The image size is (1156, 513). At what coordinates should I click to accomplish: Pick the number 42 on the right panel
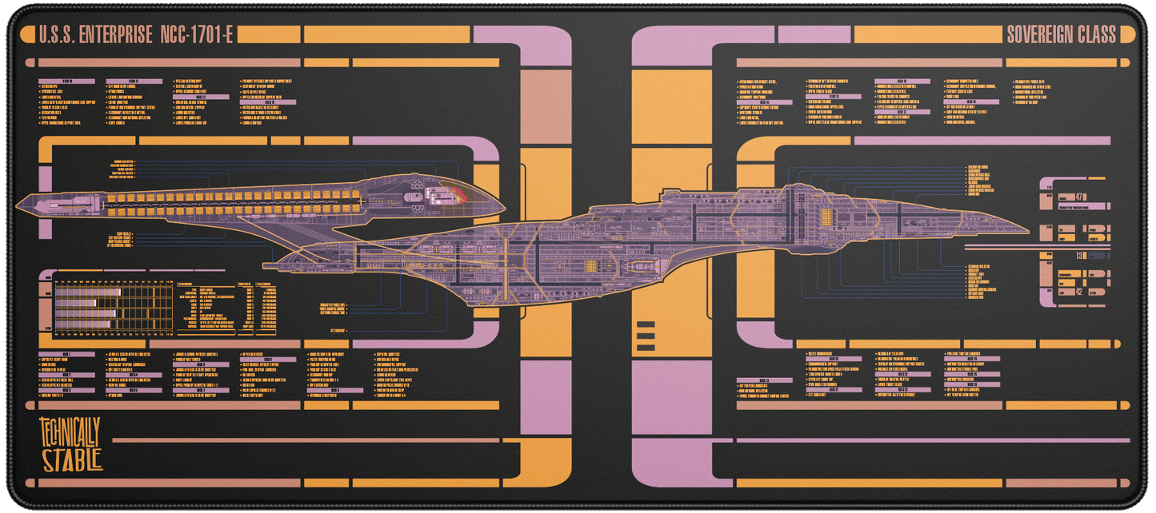(x=1079, y=292)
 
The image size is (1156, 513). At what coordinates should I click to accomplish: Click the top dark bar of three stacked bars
(x=645, y=325)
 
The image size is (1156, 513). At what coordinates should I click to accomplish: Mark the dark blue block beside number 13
(x=1098, y=256)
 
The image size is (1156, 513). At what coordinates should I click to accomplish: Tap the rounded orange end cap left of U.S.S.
(x=31, y=35)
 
